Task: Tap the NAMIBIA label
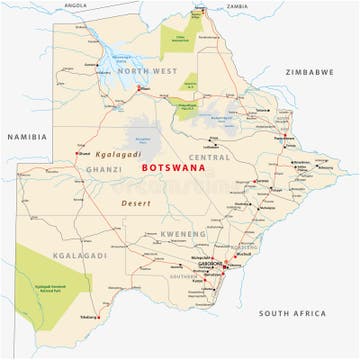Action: pyautogui.click(x=27, y=136)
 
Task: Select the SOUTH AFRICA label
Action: pyautogui.click(x=293, y=313)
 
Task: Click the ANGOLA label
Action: pyautogui.click(x=75, y=5)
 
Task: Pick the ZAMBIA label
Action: pyautogui.click(x=237, y=6)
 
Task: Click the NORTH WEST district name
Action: pyautogui.click(x=147, y=71)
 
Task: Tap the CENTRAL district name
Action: pyautogui.click(x=209, y=157)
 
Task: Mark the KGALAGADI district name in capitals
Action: pyautogui.click(x=53, y=256)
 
